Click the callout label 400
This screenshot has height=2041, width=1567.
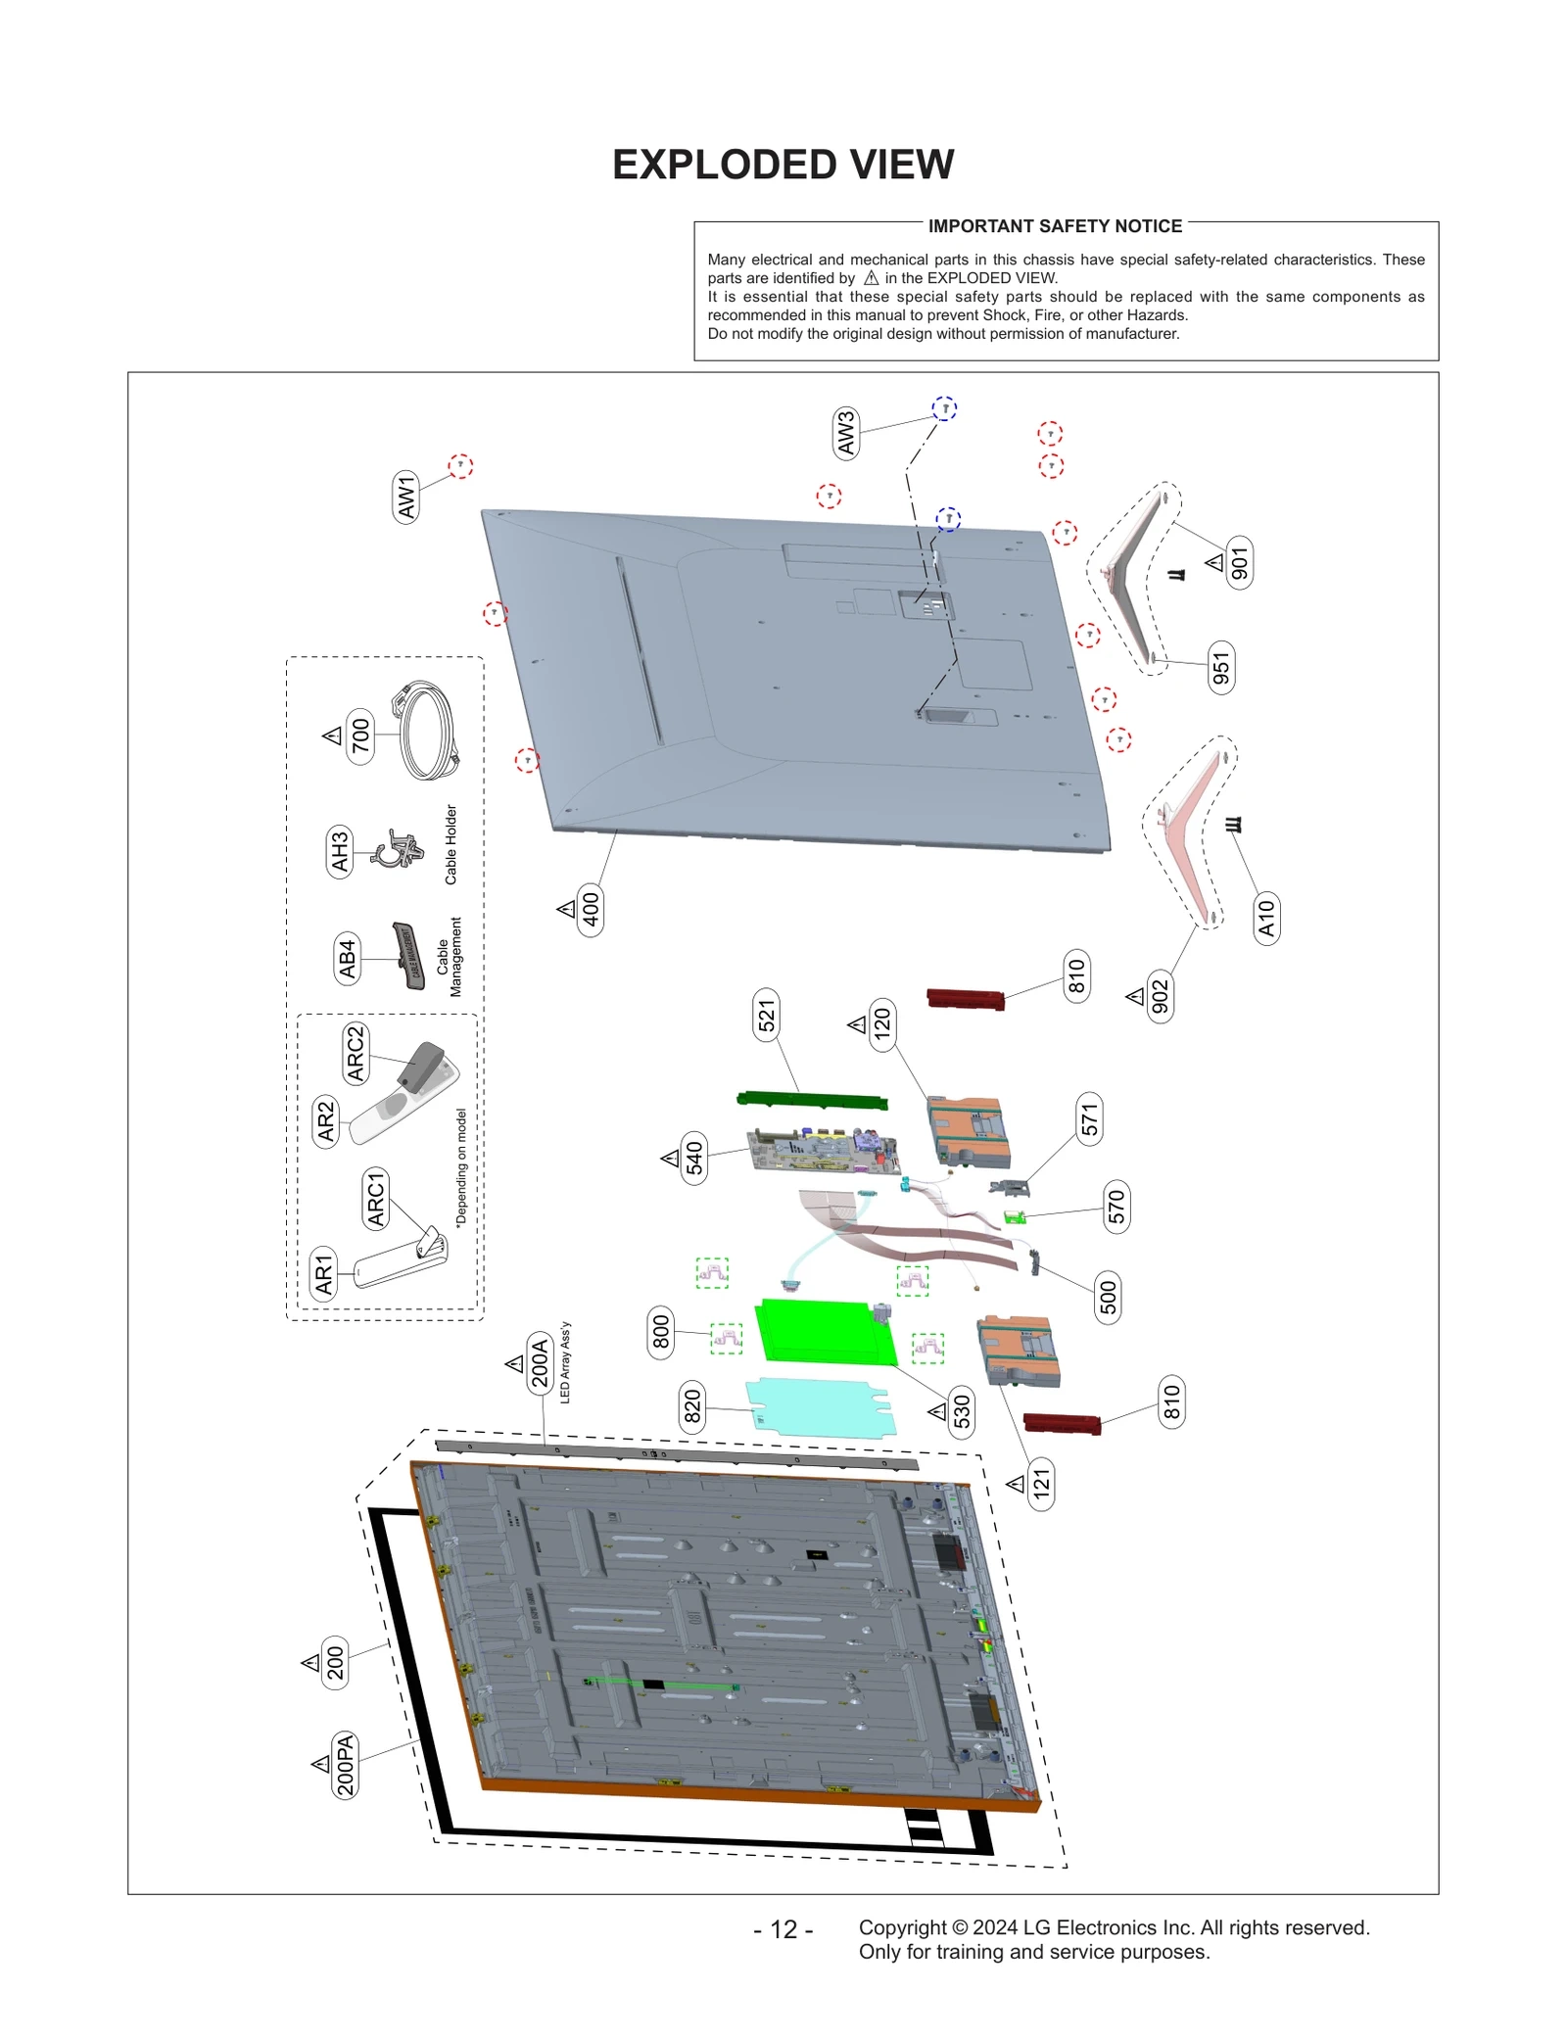point(591,910)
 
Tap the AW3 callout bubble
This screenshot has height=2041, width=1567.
point(845,434)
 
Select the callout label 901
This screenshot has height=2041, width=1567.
point(1240,563)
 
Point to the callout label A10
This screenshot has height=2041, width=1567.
point(1266,918)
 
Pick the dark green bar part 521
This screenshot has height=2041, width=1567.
point(812,1101)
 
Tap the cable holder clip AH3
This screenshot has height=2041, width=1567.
point(397,849)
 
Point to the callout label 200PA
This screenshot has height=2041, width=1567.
point(345,1766)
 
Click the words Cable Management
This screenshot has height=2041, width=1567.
point(449,957)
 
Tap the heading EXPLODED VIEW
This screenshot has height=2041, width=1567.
point(783,165)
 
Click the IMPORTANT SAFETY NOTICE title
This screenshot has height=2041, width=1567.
point(1055,226)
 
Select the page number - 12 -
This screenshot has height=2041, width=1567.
point(783,1928)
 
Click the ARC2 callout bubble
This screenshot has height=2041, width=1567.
point(355,1053)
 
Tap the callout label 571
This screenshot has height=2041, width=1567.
point(1089,1119)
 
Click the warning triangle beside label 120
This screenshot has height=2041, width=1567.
point(857,1025)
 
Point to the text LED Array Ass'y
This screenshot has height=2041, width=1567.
point(565,1362)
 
